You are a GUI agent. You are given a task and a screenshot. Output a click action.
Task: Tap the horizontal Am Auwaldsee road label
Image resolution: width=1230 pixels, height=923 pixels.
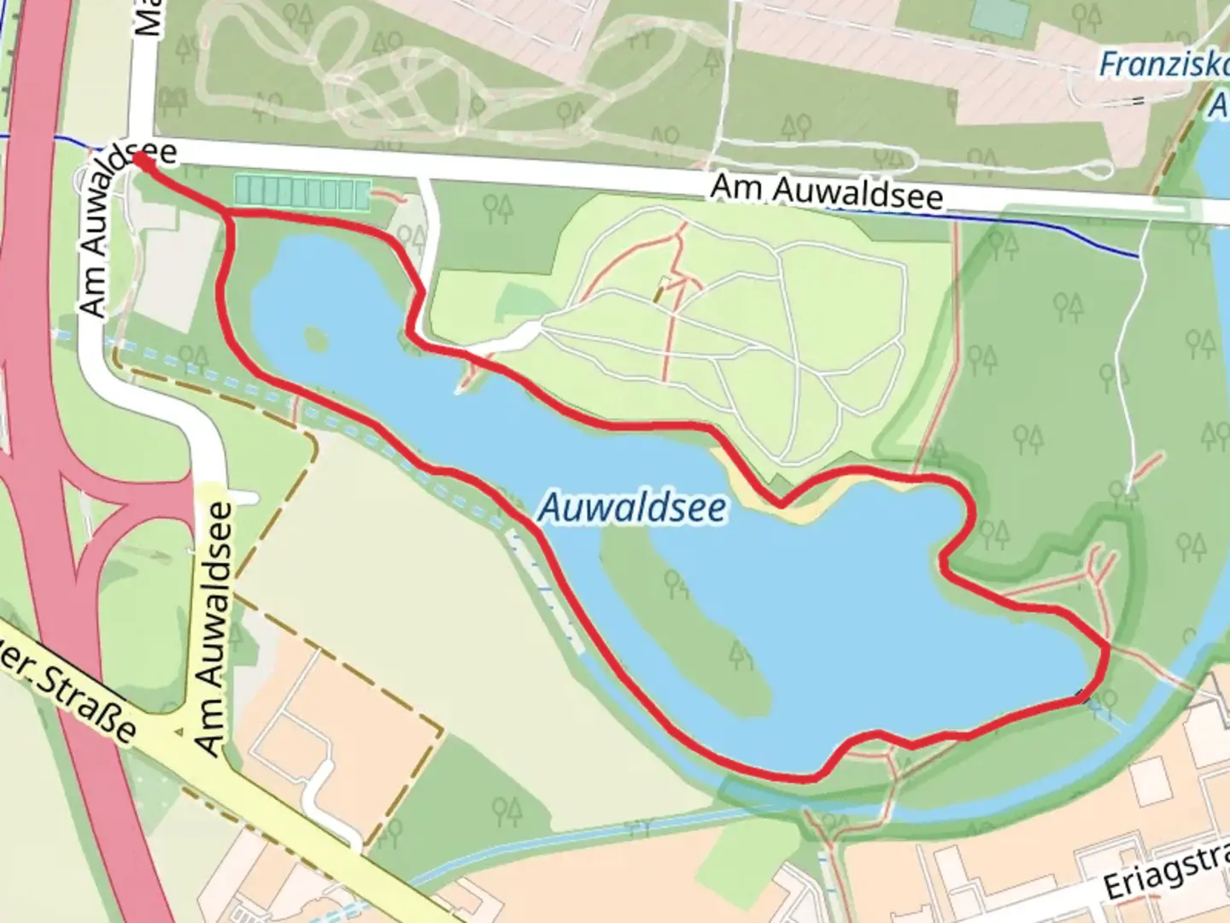pyautogui.click(x=827, y=192)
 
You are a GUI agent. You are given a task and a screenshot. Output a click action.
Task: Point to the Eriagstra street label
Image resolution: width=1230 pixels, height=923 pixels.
pyautogui.click(x=1166, y=872)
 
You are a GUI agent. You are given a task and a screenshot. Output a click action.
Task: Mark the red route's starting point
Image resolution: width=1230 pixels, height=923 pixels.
pyautogui.click(x=139, y=160)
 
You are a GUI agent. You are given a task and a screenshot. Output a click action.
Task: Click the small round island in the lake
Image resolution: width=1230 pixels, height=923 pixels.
pyautogui.click(x=315, y=338)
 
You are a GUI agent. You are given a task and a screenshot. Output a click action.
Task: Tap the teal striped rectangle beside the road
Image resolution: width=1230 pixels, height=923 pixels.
pyautogui.click(x=302, y=192)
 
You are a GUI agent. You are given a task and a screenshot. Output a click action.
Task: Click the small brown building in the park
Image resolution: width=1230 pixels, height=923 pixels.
pyautogui.click(x=659, y=291)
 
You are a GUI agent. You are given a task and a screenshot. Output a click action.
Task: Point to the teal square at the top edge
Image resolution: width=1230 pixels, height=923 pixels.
pyautogui.click(x=999, y=17)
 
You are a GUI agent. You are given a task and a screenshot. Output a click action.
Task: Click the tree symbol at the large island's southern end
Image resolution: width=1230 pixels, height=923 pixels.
pyautogui.click(x=741, y=656)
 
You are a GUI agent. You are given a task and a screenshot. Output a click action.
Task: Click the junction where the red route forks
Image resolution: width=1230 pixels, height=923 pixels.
pyautogui.click(x=229, y=214)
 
